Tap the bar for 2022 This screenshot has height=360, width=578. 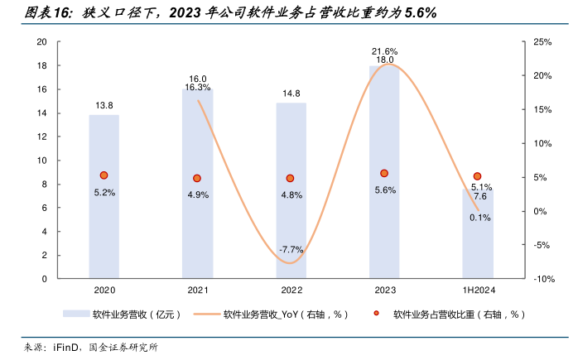pos(291,190)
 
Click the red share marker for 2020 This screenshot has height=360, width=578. pos(104,175)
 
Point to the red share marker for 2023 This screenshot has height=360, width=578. pos(384,173)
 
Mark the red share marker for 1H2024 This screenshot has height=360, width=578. pos(478,176)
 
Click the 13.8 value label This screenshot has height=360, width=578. pos(104,105)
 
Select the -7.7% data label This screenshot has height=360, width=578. pos(291,249)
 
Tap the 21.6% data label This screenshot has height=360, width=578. pos(384,51)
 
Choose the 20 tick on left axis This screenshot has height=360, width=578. pos(41,41)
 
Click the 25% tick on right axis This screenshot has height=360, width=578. pos(542,41)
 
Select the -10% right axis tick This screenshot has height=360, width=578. pos(542,279)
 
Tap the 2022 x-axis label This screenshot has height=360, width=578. pos(291,290)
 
